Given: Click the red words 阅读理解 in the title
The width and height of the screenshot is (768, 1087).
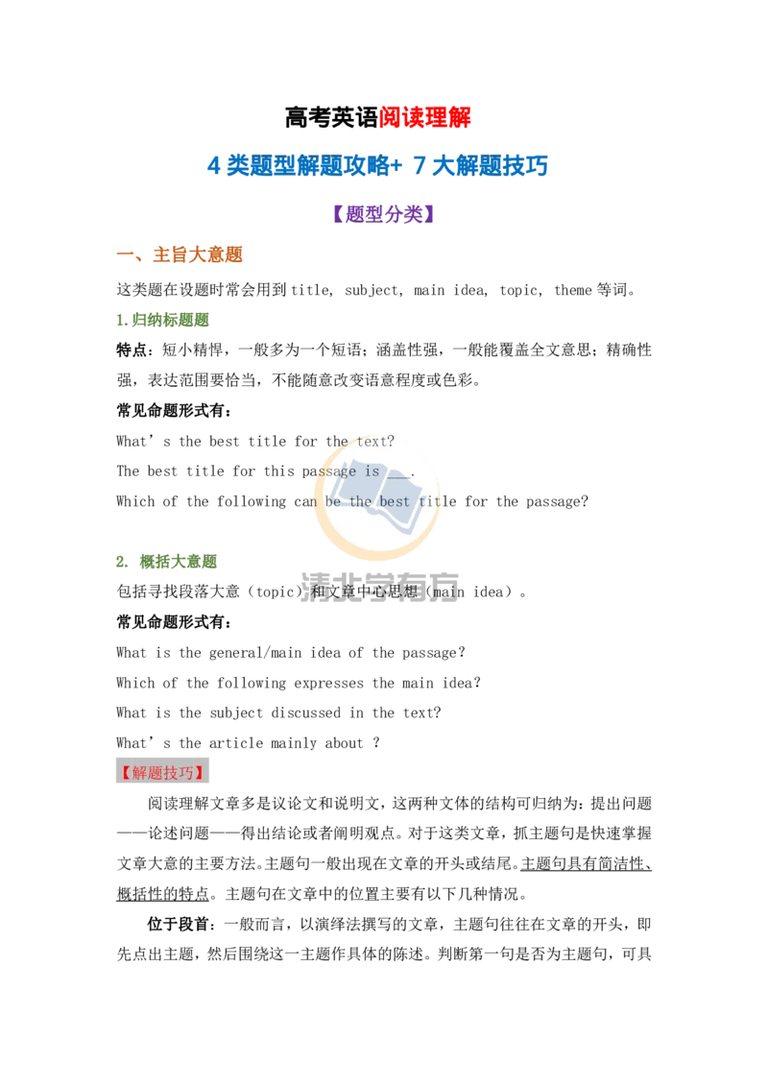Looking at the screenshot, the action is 425,117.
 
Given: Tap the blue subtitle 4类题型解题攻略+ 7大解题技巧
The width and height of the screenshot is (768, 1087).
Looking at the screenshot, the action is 378,166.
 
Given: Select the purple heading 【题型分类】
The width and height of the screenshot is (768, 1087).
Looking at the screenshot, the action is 383,213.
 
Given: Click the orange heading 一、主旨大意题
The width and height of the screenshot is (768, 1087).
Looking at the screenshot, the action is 180,254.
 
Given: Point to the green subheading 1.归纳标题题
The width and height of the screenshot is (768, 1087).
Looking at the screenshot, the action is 163,320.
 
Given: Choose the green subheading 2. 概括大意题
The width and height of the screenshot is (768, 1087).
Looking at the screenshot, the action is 167,561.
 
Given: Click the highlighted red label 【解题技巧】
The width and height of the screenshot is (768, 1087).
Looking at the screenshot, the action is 162,772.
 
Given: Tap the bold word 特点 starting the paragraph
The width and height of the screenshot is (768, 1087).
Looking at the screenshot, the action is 132,350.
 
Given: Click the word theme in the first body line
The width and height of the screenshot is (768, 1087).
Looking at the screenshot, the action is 572,290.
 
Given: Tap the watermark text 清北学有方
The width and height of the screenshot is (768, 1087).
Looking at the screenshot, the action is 380,587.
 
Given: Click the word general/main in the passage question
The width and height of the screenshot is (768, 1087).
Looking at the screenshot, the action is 255,652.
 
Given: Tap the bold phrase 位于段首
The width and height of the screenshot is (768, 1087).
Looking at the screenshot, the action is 178,924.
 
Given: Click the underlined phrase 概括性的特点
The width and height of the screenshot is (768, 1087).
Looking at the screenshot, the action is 163,894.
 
